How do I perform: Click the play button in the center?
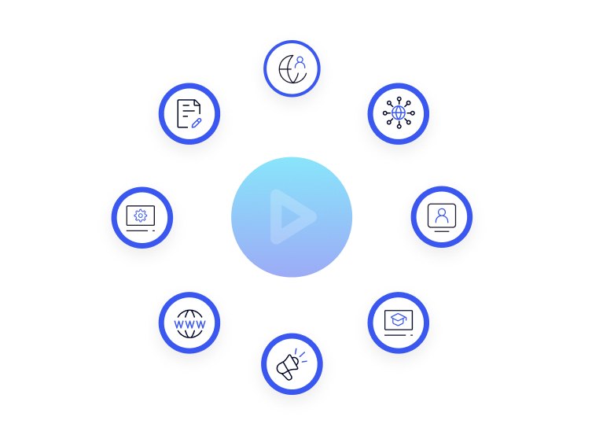292,216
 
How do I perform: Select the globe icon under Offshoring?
291,68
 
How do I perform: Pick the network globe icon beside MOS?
398,112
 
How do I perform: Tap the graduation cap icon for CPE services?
398,321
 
